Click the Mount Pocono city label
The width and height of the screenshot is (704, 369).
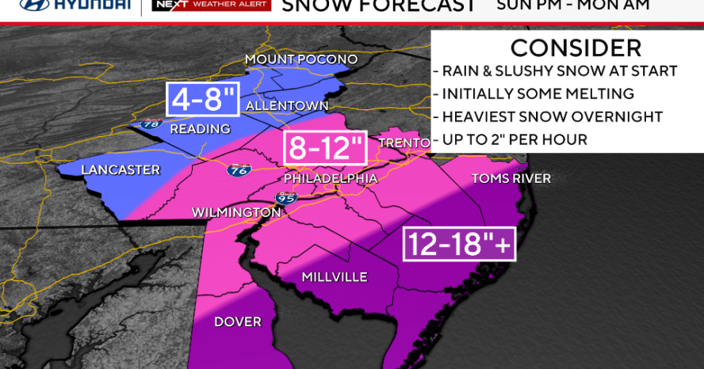click(x=301, y=59)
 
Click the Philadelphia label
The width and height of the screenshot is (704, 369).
click(x=331, y=178)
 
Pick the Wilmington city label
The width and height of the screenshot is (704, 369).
click(x=236, y=212)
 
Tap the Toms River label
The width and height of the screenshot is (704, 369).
click(x=511, y=178)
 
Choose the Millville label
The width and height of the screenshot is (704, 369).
click(x=334, y=276)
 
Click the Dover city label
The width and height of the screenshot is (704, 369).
click(x=237, y=321)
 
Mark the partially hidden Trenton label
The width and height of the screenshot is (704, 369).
click(x=404, y=143)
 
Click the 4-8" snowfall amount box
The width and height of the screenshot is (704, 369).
click(x=201, y=100)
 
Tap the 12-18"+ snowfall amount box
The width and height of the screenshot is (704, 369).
click(x=460, y=244)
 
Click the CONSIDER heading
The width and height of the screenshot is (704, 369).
click(x=564, y=47)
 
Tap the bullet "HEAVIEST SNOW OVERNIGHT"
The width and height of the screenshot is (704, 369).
click(x=552, y=116)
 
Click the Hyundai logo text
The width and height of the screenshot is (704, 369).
click(x=75, y=5)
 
